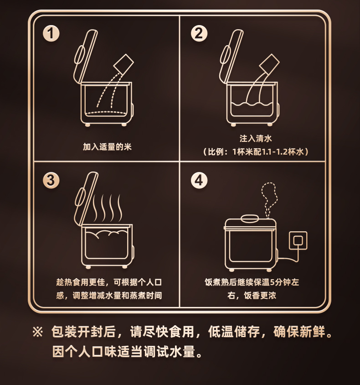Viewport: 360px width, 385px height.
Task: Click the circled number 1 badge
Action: (51, 33)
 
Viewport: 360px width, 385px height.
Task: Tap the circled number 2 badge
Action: (199, 33)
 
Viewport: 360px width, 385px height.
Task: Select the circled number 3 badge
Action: (51, 180)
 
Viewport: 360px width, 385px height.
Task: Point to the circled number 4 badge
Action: (199, 180)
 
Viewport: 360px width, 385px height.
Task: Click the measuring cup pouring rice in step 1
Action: (123, 63)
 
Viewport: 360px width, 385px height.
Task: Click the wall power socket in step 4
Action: (298, 240)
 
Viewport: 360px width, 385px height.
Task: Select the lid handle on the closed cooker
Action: (250, 219)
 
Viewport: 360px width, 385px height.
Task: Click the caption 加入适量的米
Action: (107, 147)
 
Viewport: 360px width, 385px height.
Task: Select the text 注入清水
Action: (256, 139)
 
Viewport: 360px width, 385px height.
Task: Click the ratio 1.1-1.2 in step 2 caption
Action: (275, 152)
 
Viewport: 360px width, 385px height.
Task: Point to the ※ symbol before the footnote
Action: (37, 332)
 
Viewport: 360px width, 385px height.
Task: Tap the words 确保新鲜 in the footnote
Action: (299, 332)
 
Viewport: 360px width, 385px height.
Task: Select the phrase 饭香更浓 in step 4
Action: (260, 296)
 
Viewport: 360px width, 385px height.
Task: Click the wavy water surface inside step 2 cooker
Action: (252, 104)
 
